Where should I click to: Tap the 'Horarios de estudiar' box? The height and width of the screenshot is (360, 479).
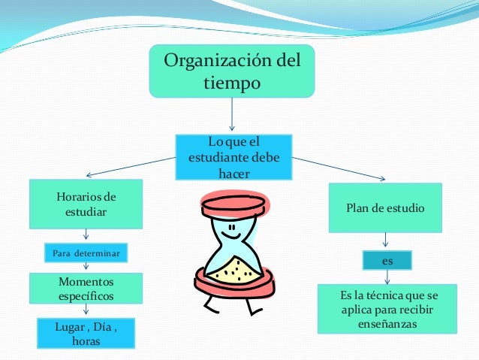coord(86,204)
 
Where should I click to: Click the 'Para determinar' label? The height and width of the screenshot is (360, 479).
coord(85,253)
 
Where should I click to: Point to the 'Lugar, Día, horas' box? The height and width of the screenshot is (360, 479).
coord(86,334)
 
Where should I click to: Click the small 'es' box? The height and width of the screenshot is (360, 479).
coord(387,260)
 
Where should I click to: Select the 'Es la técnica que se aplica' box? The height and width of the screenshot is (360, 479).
coord(387,309)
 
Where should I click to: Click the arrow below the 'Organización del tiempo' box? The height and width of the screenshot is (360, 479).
coord(232,116)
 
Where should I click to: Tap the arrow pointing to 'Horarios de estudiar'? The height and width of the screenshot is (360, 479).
coord(128,165)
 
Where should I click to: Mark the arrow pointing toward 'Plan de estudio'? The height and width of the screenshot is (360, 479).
coord(342,168)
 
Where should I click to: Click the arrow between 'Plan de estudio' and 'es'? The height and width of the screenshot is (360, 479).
coord(386,240)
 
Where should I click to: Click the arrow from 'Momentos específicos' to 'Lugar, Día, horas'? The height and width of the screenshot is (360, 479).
coord(86,310)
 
